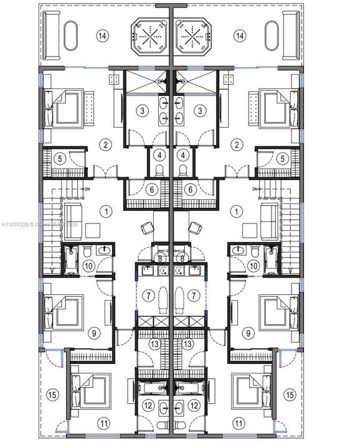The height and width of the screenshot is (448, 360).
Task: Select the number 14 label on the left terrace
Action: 103,35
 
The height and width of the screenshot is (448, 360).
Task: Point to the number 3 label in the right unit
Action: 200,111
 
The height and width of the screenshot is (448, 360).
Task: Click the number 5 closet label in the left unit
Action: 60,159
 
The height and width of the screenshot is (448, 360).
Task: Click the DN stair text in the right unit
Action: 256,189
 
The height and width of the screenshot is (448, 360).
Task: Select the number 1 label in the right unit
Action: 237,212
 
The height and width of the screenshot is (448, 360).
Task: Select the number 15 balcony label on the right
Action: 289,394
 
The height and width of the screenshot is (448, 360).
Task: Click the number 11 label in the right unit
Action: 238,422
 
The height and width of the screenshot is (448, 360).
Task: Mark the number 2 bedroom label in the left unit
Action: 107,144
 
